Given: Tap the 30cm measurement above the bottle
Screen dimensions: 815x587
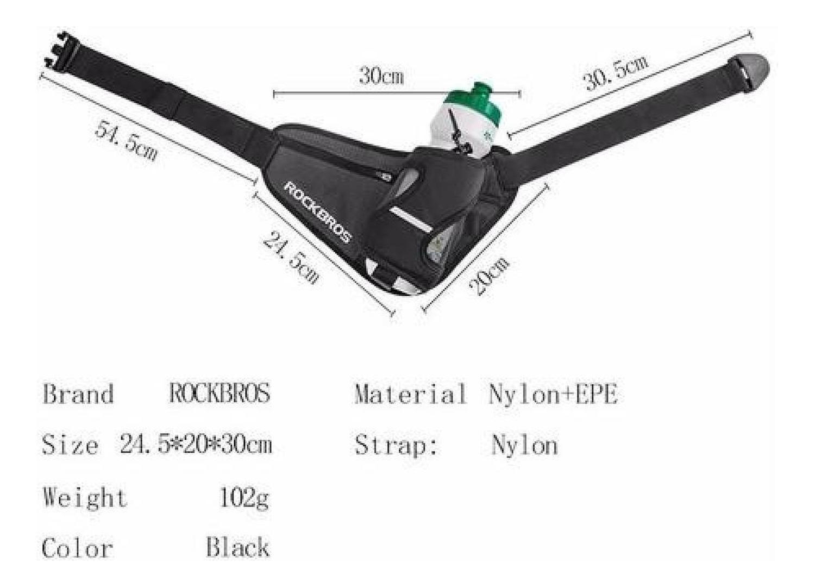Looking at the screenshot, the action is click(x=381, y=76).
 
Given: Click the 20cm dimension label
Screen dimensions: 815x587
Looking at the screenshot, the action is click(x=488, y=276).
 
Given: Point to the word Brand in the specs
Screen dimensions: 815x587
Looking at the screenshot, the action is click(x=78, y=394).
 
